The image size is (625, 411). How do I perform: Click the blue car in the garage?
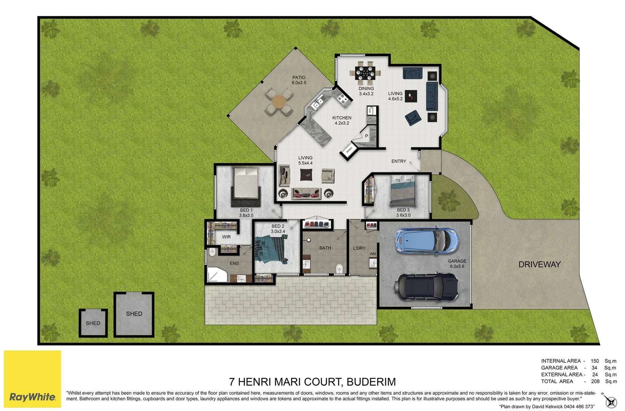(x=427, y=241)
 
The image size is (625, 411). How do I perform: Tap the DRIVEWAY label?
(x=539, y=264)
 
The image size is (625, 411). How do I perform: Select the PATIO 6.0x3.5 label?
(x=299, y=80)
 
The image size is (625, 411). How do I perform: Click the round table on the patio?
(x=279, y=101)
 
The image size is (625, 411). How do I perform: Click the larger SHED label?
(x=134, y=314)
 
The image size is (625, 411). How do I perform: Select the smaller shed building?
(x=93, y=323)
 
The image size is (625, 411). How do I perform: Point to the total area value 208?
(x=595, y=381)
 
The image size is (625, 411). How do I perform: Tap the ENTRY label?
(x=398, y=161)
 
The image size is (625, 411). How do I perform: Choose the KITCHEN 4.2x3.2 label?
(x=341, y=120)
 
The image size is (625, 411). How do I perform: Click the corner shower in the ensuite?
(x=216, y=275)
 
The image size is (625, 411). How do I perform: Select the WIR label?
(x=226, y=237)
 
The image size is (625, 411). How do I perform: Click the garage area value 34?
(x=594, y=368)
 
